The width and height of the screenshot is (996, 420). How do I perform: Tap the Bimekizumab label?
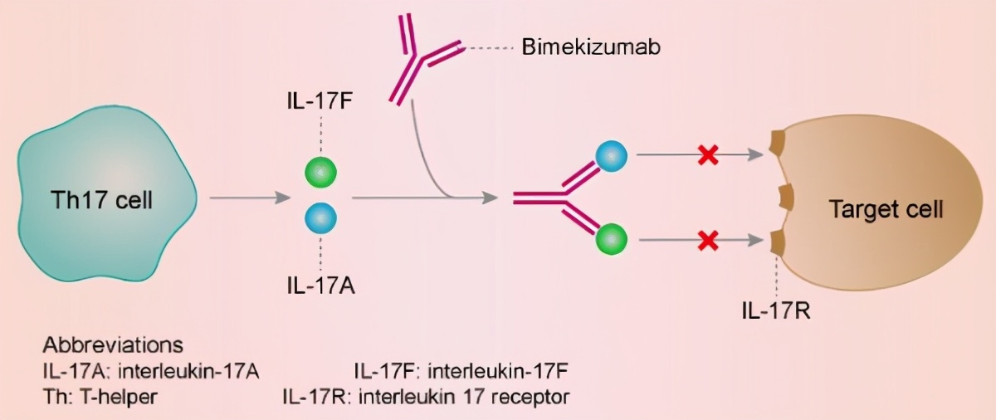click(590, 48)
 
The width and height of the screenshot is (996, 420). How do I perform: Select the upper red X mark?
click(708, 154)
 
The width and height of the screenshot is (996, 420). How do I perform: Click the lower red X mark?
click(708, 242)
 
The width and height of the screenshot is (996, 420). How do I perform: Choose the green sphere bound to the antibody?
click(613, 241)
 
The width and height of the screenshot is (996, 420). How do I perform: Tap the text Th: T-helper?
click(100, 396)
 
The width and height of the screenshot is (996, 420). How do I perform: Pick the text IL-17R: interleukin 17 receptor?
click(426, 396)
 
